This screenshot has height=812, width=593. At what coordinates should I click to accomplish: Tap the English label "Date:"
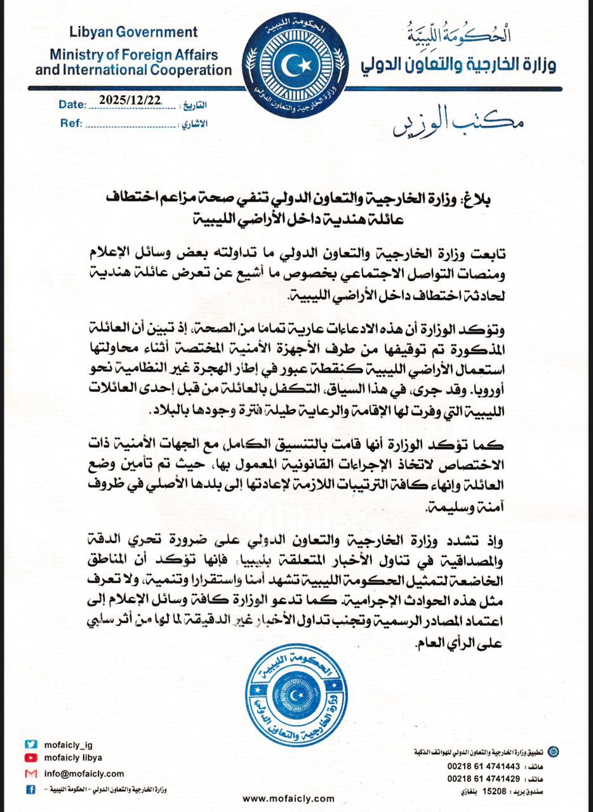click(x=71, y=105)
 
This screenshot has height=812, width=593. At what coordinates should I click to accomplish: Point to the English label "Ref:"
click(x=71, y=123)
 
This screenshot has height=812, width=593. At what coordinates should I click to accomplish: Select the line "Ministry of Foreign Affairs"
click(x=133, y=55)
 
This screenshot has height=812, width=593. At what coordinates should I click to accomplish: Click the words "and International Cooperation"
click(x=133, y=69)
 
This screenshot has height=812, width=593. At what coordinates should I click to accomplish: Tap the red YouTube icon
click(x=30, y=758)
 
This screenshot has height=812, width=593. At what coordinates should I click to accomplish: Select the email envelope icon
click(x=30, y=774)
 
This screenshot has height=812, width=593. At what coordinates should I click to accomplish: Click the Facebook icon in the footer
click(x=30, y=790)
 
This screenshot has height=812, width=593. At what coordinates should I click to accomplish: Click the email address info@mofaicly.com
click(x=84, y=774)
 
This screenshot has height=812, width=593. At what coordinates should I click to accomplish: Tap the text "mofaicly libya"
click(x=73, y=758)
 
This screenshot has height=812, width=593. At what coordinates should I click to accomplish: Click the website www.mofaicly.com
click(x=288, y=799)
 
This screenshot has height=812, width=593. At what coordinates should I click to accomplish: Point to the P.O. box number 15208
click(x=496, y=792)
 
